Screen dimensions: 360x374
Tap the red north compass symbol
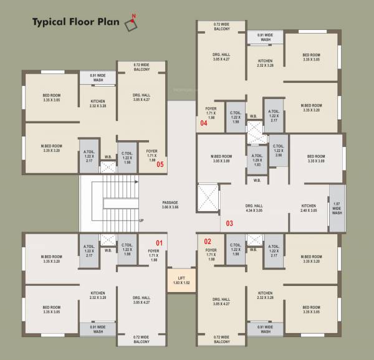coord(130,24)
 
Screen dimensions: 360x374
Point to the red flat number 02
coord(208,241)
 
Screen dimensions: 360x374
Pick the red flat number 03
coord(229,223)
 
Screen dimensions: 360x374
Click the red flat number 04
coord(204,123)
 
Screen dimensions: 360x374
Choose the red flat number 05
coord(160,164)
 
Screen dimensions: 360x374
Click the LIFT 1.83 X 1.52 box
coord(181,281)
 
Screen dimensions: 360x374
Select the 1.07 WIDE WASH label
coord(337,208)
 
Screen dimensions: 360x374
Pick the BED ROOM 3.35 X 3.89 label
coord(317,158)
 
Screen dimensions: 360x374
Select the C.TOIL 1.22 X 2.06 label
coord(278,150)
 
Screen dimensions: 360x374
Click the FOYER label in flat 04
coord(211,111)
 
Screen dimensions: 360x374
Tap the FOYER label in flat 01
coord(153,253)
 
